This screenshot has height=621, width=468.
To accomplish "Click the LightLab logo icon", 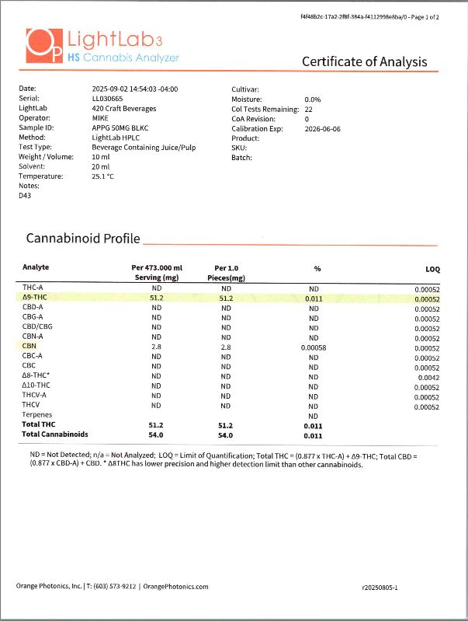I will [x=43, y=46].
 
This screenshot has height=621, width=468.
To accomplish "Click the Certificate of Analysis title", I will [x=364, y=61].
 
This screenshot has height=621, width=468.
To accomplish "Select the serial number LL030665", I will [x=107, y=99].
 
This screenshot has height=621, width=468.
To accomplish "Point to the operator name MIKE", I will [x=100, y=119].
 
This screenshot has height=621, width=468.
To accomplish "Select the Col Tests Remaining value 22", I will [x=308, y=110].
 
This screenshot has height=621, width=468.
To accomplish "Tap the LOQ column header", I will [x=432, y=269].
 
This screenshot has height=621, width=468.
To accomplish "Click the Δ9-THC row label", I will [x=36, y=298].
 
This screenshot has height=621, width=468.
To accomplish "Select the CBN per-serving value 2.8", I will [x=156, y=347].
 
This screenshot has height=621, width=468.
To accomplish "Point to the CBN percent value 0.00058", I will [x=314, y=347].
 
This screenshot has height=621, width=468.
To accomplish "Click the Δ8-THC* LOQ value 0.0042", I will [x=428, y=377].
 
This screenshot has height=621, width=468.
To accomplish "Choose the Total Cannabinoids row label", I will [x=55, y=434].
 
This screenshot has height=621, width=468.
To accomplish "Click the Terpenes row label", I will [x=37, y=416].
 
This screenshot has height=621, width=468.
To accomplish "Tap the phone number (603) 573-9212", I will [x=116, y=587].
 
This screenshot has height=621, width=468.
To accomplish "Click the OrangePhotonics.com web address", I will [x=175, y=587].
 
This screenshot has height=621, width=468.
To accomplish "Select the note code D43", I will [x=26, y=196].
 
